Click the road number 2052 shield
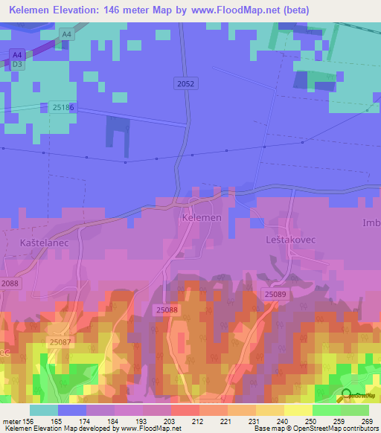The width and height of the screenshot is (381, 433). click(186, 84)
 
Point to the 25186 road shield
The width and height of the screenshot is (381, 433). click(64, 108)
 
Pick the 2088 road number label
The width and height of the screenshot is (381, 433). click(10, 284)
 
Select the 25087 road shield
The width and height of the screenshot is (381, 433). click(61, 341)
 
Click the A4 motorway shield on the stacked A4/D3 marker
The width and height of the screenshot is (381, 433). click(17, 54)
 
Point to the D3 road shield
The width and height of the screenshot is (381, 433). click(17, 65)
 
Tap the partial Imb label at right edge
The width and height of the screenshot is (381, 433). click(371, 222)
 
